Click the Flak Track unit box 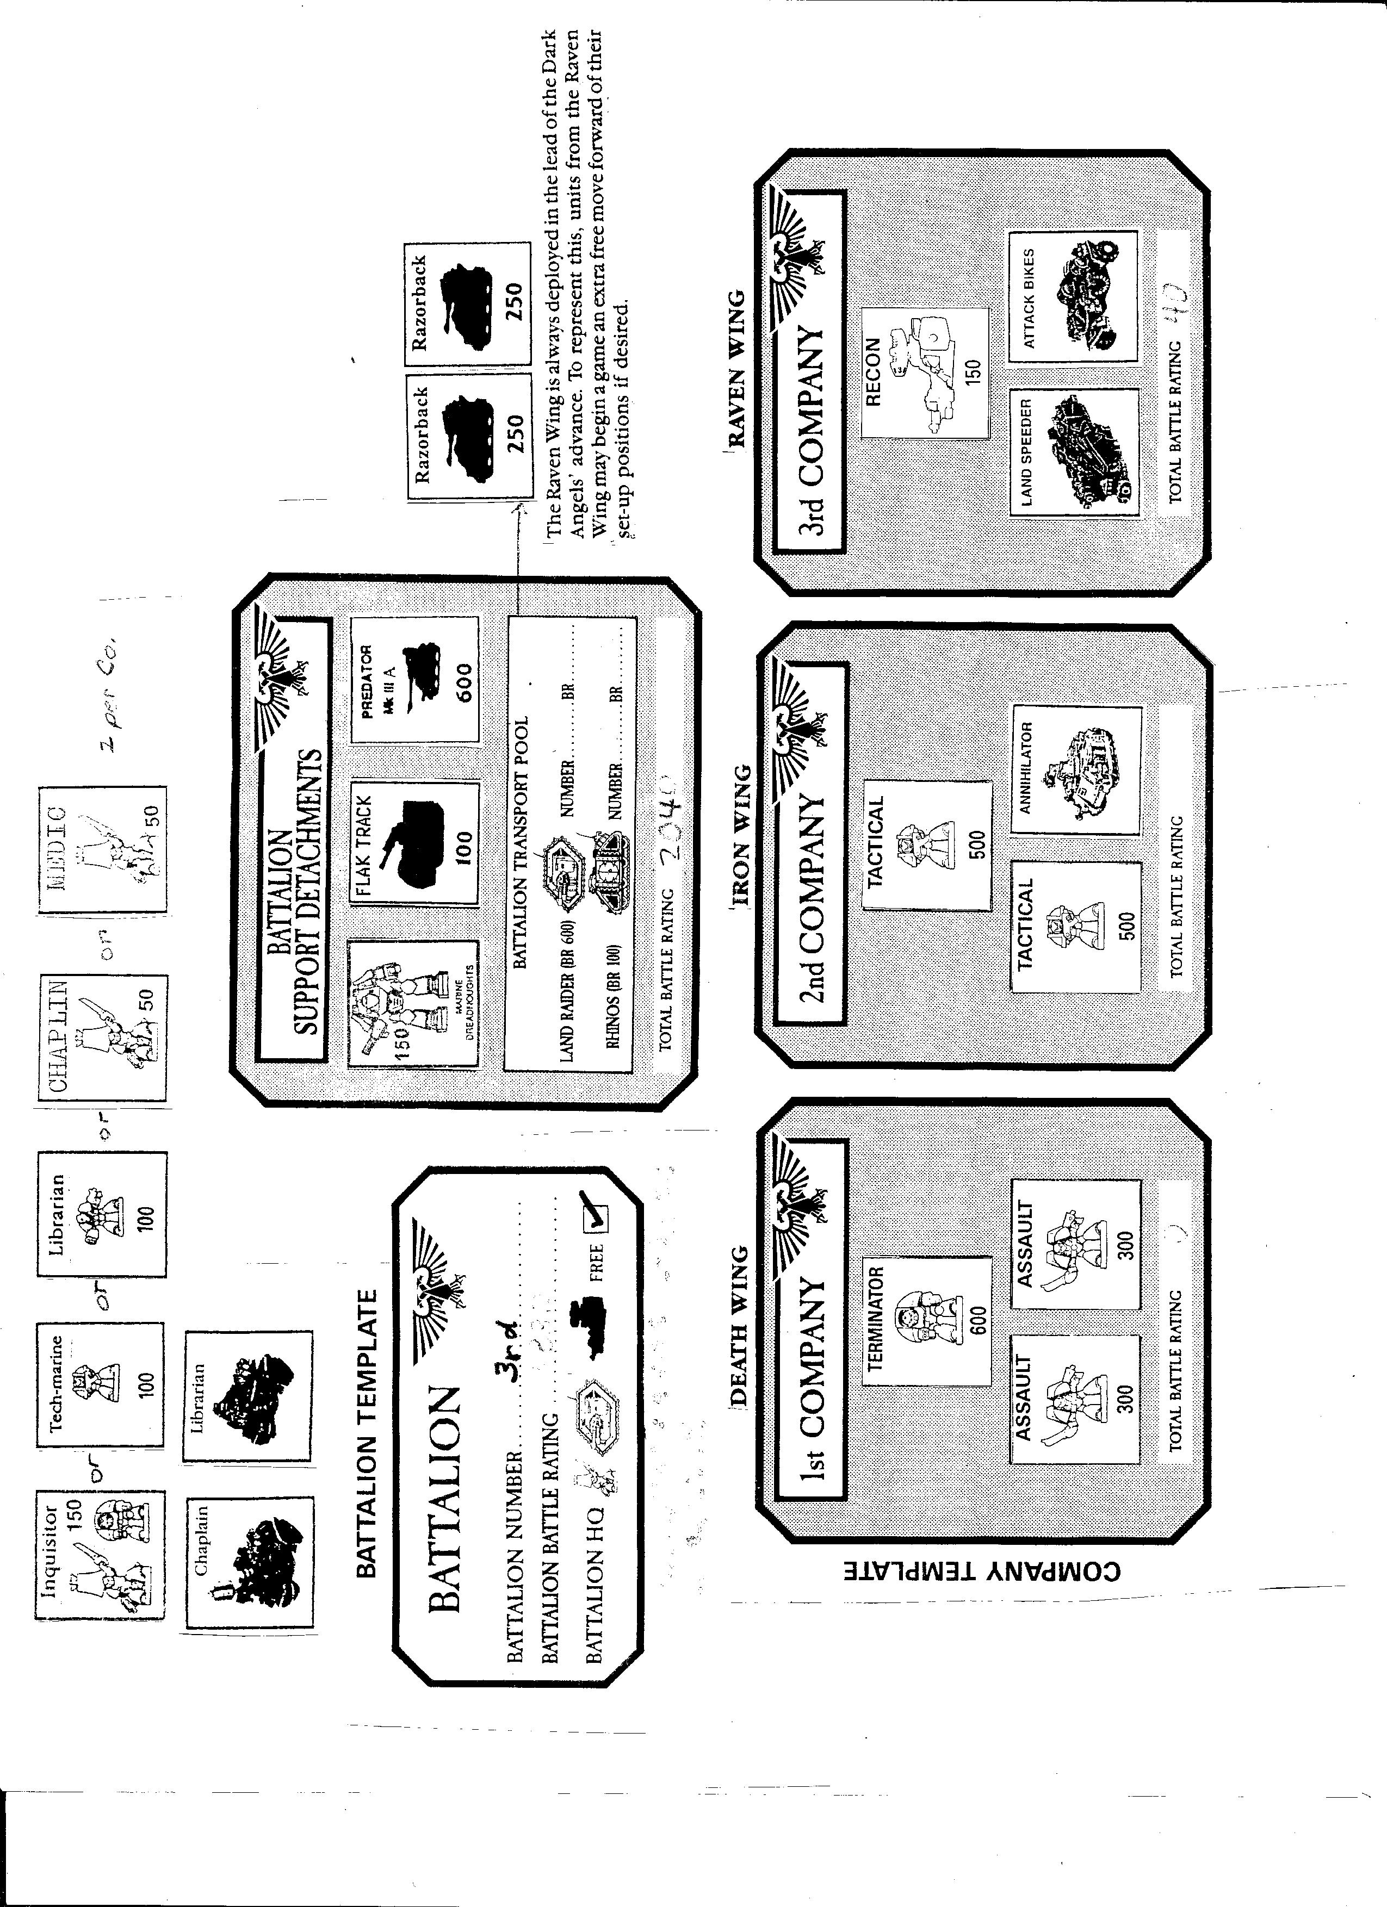414,842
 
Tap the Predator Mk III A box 414,680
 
